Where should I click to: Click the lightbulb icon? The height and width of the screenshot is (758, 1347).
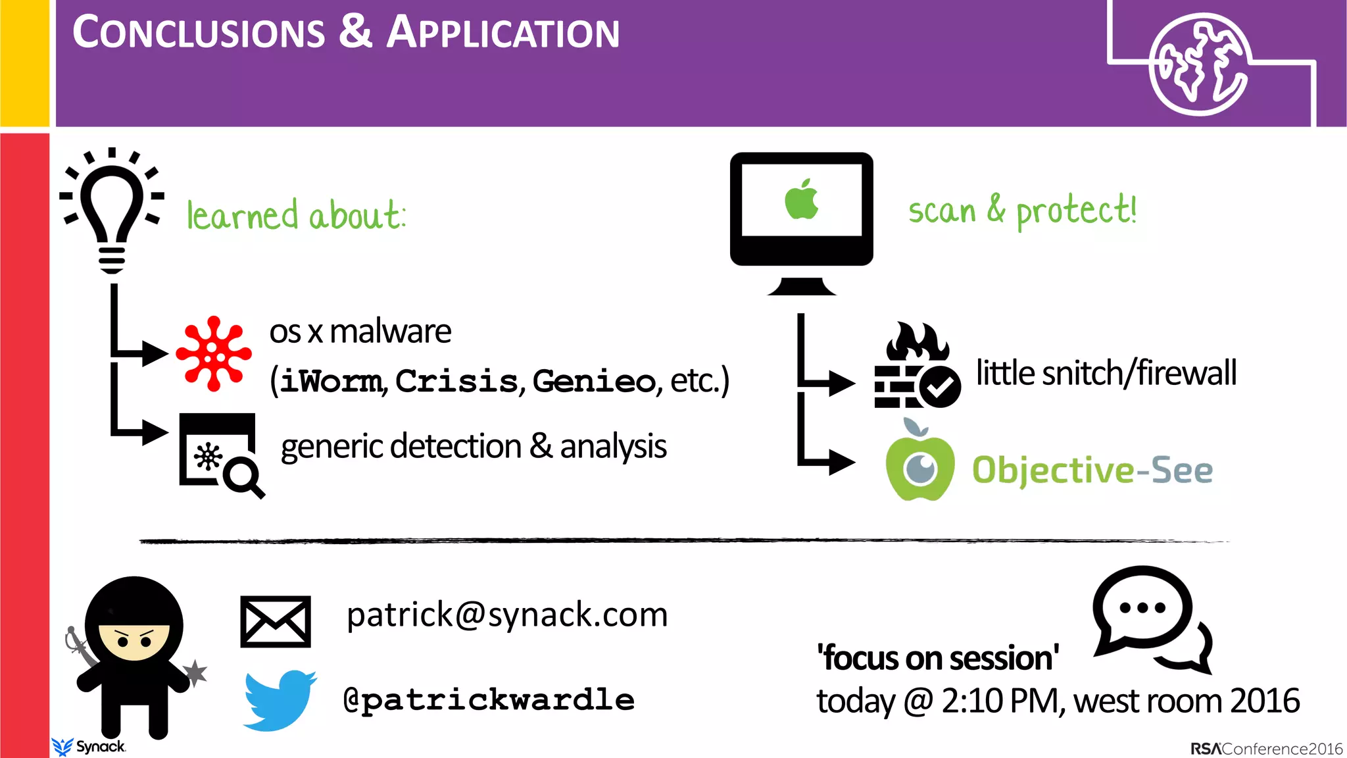click(112, 211)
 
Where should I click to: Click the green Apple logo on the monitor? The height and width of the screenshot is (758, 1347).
click(801, 199)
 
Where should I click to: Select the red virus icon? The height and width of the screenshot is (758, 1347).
click(214, 354)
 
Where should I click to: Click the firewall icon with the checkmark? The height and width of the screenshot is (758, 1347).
click(916, 366)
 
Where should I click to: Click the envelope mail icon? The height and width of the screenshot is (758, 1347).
click(276, 621)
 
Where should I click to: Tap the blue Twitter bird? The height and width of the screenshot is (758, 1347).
click(280, 700)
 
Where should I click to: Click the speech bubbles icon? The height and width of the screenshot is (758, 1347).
click(1152, 619)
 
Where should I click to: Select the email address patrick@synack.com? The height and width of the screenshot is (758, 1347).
click(507, 615)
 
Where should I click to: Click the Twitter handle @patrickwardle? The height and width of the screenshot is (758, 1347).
click(489, 700)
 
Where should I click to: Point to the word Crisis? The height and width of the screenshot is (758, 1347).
click(456, 381)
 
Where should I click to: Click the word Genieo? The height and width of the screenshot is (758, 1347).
click(593, 381)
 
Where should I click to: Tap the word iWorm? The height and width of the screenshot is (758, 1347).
click(331, 382)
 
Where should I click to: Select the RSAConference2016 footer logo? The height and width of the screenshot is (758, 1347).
click(1266, 749)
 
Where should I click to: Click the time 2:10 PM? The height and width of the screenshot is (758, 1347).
click(1000, 701)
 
